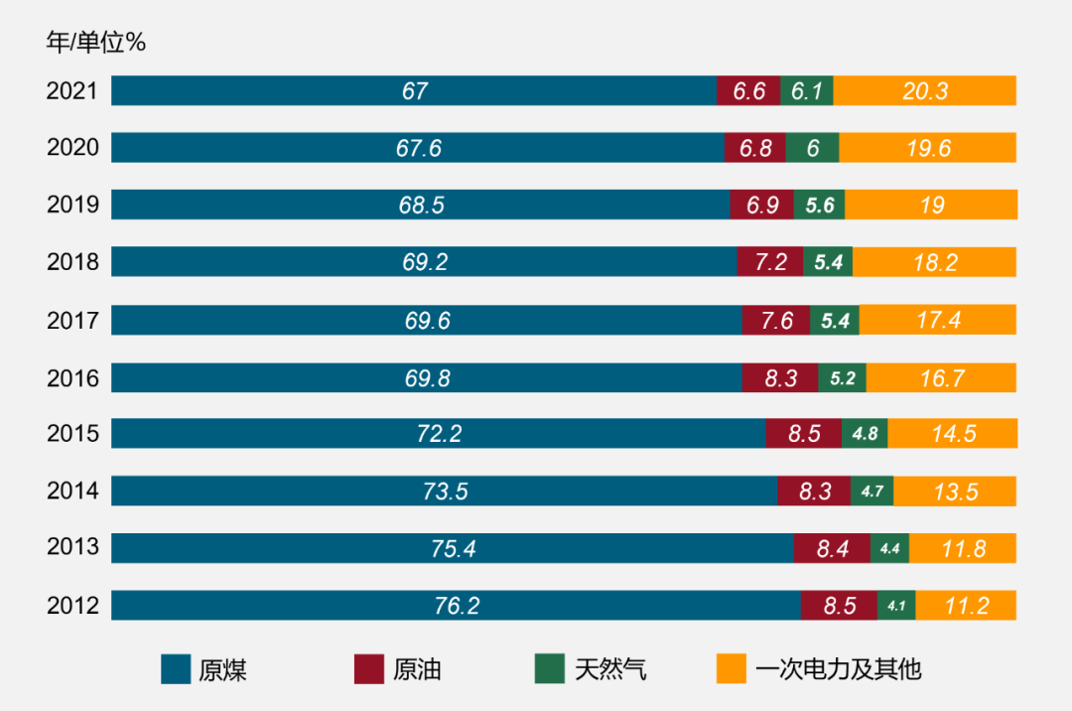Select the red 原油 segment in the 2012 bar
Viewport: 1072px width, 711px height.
839,606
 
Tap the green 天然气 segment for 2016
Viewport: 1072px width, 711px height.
842,377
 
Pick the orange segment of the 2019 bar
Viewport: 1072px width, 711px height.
931,206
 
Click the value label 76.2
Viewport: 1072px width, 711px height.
457,606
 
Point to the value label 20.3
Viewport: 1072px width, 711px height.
925,91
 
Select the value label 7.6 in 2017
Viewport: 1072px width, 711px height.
776,321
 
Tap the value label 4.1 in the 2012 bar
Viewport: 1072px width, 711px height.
896,606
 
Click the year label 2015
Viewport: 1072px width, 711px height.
72,434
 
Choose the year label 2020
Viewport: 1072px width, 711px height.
72,149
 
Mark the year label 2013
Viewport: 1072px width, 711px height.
72,548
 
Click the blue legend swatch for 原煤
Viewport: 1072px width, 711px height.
176,669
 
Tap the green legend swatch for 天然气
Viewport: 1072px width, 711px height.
548,669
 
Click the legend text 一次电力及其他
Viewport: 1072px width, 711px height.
838,669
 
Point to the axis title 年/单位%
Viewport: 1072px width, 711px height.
96,43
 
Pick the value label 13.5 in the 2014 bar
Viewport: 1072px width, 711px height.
954,492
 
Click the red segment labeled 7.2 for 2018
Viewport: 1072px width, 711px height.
770,262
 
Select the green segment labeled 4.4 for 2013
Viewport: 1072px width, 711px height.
889,548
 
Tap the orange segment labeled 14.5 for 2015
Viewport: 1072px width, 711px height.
953,434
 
